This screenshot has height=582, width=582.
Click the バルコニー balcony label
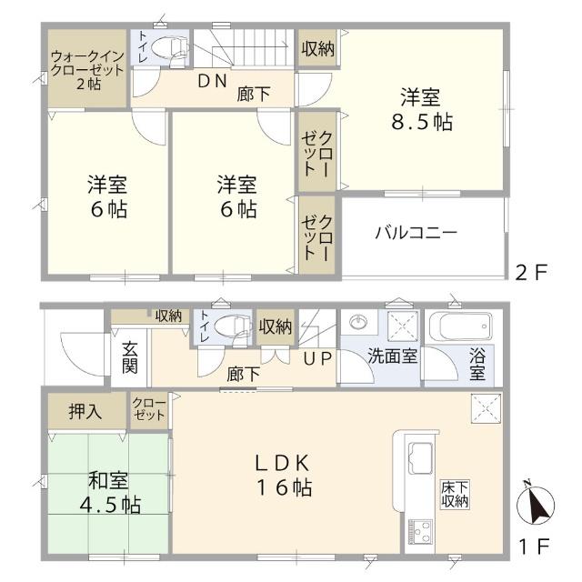416,233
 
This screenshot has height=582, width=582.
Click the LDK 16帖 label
283,474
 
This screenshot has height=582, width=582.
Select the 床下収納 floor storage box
455,494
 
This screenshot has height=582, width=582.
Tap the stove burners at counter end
421,530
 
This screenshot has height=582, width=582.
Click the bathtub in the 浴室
464,326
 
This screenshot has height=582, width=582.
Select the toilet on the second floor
167,47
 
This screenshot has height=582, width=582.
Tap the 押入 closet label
85,411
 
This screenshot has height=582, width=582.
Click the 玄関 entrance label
130,359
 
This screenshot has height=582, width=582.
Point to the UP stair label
317,358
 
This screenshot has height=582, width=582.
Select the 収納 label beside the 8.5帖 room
317,47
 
